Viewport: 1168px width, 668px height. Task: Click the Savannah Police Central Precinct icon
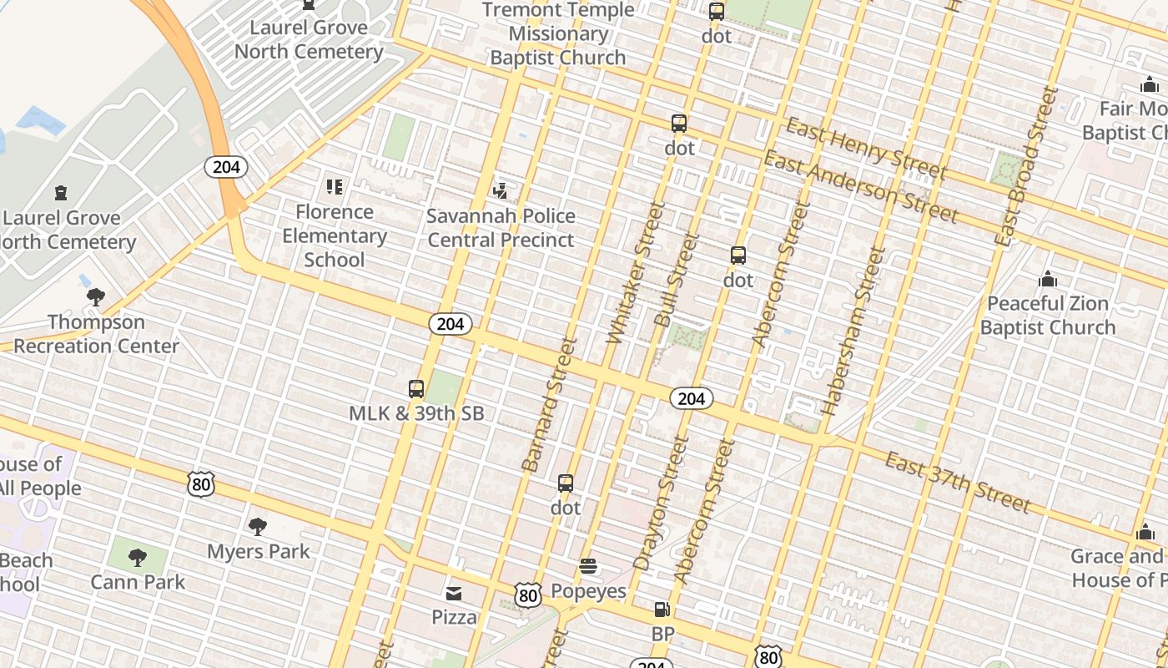[500, 191]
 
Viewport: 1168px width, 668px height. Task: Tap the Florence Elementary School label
[334, 235]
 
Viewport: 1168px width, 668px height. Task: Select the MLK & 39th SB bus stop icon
[416, 389]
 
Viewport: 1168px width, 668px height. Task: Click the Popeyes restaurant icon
[588, 567]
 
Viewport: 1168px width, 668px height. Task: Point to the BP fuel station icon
[662, 610]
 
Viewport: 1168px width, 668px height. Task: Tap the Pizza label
[454, 617]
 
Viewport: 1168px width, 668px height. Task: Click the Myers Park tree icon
[258, 527]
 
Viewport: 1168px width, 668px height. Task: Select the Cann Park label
[138, 582]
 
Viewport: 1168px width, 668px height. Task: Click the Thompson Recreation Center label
[96, 334]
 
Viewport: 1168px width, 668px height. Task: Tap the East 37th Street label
[957, 482]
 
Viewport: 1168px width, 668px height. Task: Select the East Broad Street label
[1025, 167]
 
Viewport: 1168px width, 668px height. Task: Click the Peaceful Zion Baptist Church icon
[1047, 279]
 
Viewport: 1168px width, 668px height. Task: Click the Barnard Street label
[549, 405]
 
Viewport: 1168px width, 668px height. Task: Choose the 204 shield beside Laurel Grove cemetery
[226, 167]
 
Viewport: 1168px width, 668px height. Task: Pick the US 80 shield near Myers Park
[201, 484]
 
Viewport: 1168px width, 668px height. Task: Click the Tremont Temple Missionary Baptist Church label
[557, 33]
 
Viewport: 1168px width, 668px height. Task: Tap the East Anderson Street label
[860, 187]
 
